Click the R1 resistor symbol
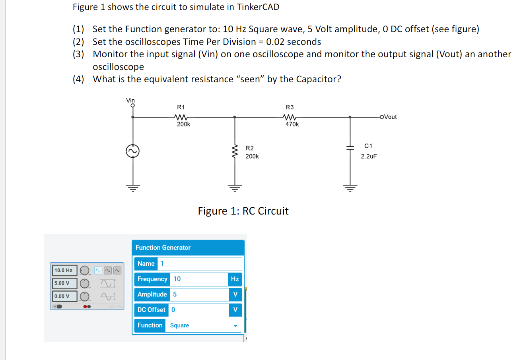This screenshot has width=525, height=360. [x=181, y=117]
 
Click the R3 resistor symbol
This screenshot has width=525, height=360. [x=290, y=117]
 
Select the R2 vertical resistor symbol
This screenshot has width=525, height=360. [x=235, y=152]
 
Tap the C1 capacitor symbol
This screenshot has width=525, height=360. [x=350, y=147]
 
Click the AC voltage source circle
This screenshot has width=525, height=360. [x=133, y=151]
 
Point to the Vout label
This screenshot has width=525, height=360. [x=390, y=117]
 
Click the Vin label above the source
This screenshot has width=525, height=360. [x=130, y=101]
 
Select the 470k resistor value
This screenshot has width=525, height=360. [x=292, y=124]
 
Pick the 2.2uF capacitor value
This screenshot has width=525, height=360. [x=369, y=156]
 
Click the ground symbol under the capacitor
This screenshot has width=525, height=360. [x=350, y=188]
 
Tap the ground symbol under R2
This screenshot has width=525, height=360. [x=235, y=188]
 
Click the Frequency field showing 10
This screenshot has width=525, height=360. [x=199, y=279]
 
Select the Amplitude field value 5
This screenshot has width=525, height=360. [x=199, y=294]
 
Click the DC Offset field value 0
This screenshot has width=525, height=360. [x=199, y=310]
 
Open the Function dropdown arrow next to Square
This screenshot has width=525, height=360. [x=235, y=326]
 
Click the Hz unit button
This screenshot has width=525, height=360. [x=235, y=279]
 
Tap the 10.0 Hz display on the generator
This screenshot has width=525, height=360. [x=64, y=270]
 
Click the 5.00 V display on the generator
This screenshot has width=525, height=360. [x=64, y=283]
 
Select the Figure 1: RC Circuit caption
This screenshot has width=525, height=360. [x=243, y=211]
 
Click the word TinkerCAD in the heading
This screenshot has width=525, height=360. [x=258, y=7]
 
